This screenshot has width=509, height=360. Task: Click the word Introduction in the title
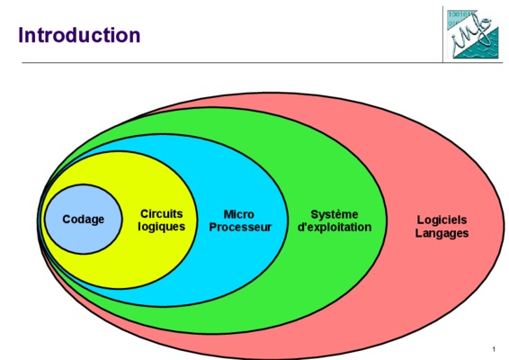(79, 35)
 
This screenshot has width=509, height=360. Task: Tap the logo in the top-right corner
(472, 34)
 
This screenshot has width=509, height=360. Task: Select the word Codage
(83, 220)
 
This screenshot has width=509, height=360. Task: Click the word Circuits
(161, 214)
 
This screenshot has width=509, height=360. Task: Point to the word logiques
(161, 227)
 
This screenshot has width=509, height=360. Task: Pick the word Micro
(239, 214)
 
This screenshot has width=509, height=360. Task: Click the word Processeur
(240, 227)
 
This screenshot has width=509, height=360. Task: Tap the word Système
(335, 214)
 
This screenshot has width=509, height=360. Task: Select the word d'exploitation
(335, 227)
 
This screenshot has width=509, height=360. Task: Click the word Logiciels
(442, 220)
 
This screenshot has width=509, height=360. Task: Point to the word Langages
(442, 233)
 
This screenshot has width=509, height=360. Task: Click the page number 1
(494, 349)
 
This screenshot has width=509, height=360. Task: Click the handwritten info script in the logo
(471, 36)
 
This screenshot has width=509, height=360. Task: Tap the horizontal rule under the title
(263, 62)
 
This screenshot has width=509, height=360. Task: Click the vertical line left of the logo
(442, 34)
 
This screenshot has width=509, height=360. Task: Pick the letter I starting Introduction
(21, 35)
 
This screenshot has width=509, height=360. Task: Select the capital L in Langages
(418, 232)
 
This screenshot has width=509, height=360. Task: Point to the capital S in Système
(314, 214)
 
